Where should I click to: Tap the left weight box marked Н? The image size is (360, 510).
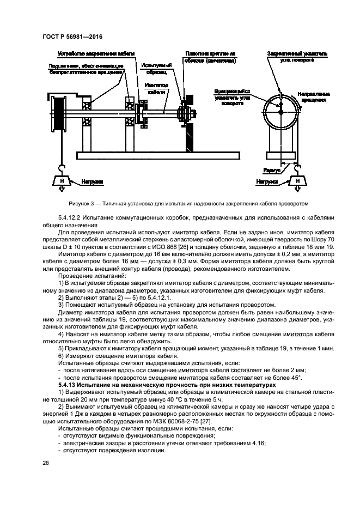[62, 180]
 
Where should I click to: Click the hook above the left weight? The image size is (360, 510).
[62, 169]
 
